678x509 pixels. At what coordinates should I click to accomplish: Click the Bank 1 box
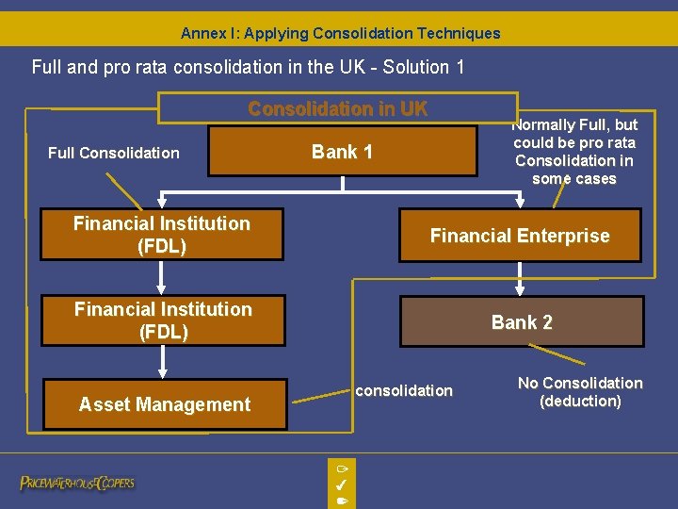[342, 152]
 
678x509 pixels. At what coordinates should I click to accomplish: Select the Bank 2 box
[522, 322]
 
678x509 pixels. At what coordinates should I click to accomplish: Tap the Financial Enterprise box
[520, 236]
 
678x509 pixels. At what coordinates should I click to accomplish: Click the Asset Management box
[164, 404]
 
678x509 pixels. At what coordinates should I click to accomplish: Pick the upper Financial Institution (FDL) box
[162, 235]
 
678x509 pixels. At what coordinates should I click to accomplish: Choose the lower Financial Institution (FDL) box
[163, 320]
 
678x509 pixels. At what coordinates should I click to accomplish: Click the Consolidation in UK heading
[337, 108]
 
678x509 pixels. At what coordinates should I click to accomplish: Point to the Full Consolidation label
[114, 153]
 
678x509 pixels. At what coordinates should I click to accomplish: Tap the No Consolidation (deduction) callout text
[579, 392]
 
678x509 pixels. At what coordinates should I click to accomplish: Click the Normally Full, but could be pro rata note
[574, 152]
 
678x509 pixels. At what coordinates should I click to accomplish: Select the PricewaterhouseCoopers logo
[77, 483]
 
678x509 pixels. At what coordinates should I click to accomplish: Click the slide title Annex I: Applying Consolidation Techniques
[340, 33]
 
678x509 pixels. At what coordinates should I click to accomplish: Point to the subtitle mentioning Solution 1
[248, 67]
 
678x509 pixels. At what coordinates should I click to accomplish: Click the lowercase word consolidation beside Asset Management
[404, 390]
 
